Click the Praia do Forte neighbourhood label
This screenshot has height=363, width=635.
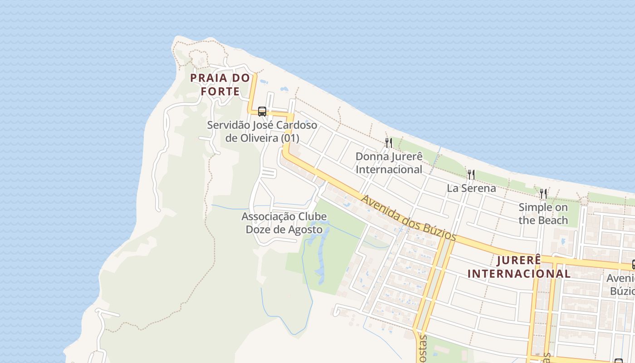point(220,84)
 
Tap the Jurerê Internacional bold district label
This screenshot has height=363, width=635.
point(519,267)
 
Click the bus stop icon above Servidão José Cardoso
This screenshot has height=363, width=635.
point(262,111)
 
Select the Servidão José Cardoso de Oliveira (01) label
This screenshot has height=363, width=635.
point(262,131)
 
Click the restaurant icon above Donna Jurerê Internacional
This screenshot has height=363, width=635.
point(388,143)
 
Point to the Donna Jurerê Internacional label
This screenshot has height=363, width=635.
point(389,163)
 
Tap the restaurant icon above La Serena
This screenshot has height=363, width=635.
point(471,174)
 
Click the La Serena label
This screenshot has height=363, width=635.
point(471,188)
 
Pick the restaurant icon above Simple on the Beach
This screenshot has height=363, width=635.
point(543,194)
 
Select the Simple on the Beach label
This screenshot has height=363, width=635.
point(543,214)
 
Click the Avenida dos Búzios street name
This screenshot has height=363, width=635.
point(408,218)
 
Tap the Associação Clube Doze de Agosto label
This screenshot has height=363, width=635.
point(284,223)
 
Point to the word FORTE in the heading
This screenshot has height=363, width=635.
point(220,92)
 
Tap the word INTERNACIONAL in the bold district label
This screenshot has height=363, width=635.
point(519,274)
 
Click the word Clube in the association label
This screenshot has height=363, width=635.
point(311,216)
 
